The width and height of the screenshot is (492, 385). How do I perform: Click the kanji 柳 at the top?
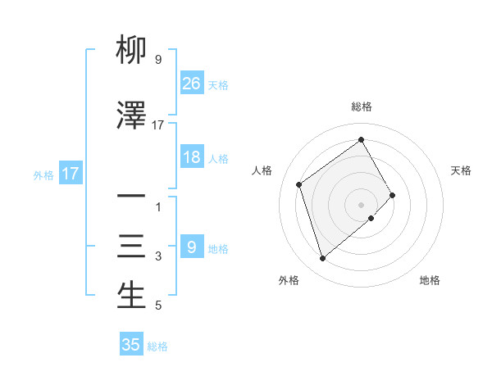click(131, 52)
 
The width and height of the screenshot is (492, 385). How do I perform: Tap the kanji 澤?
click(131, 117)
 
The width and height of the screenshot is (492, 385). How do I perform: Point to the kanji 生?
click(131, 297)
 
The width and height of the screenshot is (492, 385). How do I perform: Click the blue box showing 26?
click(191, 84)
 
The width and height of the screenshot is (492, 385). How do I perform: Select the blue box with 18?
click(191, 157)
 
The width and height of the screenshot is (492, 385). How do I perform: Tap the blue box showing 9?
click(191, 247)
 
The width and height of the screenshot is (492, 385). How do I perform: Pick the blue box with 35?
click(131, 345)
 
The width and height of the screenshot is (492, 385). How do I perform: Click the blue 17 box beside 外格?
click(70, 174)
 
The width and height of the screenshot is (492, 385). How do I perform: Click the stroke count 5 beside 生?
click(158, 306)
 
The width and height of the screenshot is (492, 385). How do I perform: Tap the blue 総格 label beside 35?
click(157, 346)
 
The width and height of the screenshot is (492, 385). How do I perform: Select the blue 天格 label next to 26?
click(218, 84)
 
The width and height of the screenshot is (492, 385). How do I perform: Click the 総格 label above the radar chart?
click(361, 106)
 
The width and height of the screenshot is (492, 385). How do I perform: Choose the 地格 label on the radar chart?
click(430, 280)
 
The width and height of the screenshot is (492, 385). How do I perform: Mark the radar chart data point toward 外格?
click(323, 259)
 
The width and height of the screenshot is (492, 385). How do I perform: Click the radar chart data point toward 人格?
click(299, 184)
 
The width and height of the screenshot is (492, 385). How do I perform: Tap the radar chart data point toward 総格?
click(361, 139)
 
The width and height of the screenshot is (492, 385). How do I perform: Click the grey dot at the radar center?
click(361, 203)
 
